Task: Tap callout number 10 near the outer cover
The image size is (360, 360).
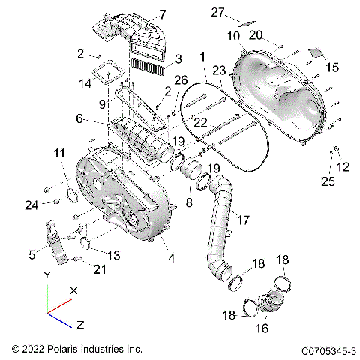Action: pos(234,35)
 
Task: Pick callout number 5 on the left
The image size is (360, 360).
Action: pos(32,255)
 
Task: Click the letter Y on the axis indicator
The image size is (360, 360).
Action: pos(47,275)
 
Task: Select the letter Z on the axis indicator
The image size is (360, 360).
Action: pos(79,324)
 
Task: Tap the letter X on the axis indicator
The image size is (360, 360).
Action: pos(73,289)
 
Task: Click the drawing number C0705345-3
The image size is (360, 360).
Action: pos(328,349)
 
